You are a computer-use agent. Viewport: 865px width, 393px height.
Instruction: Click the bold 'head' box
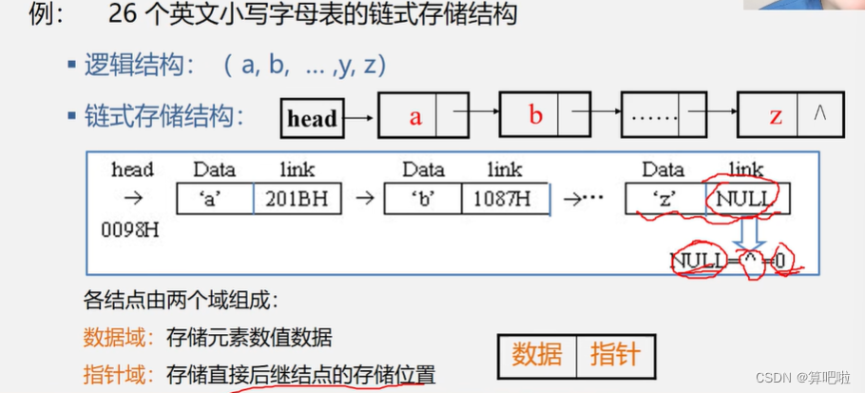[312, 118]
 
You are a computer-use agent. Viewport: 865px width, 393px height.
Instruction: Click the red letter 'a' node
[414, 117]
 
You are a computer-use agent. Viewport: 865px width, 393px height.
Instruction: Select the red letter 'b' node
[534, 115]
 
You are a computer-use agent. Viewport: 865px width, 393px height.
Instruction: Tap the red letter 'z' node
[776, 117]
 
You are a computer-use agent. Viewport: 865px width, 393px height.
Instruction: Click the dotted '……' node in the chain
[652, 117]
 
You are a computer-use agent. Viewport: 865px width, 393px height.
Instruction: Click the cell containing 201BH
[298, 199]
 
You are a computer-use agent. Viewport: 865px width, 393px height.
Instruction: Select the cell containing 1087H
[504, 199]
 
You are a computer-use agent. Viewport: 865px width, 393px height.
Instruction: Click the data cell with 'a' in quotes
[215, 199]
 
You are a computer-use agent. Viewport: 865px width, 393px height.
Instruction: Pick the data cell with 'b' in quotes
[423, 199]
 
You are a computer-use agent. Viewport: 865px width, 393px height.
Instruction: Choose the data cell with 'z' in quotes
[664, 199]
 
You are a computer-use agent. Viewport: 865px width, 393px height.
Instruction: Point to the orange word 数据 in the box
[537, 355]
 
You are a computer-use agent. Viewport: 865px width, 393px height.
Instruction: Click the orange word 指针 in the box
[615, 355]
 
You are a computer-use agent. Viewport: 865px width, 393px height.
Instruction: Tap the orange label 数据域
[117, 337]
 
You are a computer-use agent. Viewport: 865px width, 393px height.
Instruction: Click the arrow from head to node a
[358, 118]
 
